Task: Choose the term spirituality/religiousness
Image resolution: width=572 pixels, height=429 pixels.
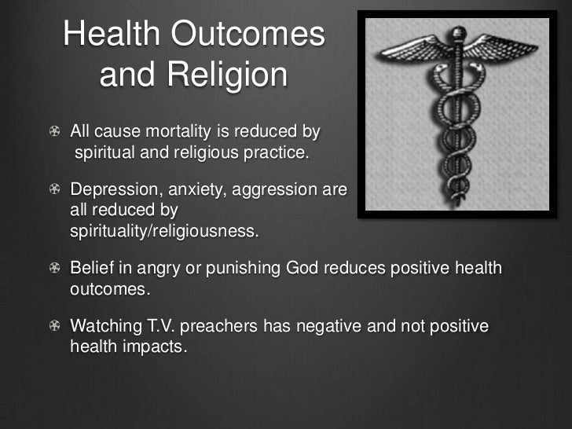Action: click(x=163, y=232)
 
